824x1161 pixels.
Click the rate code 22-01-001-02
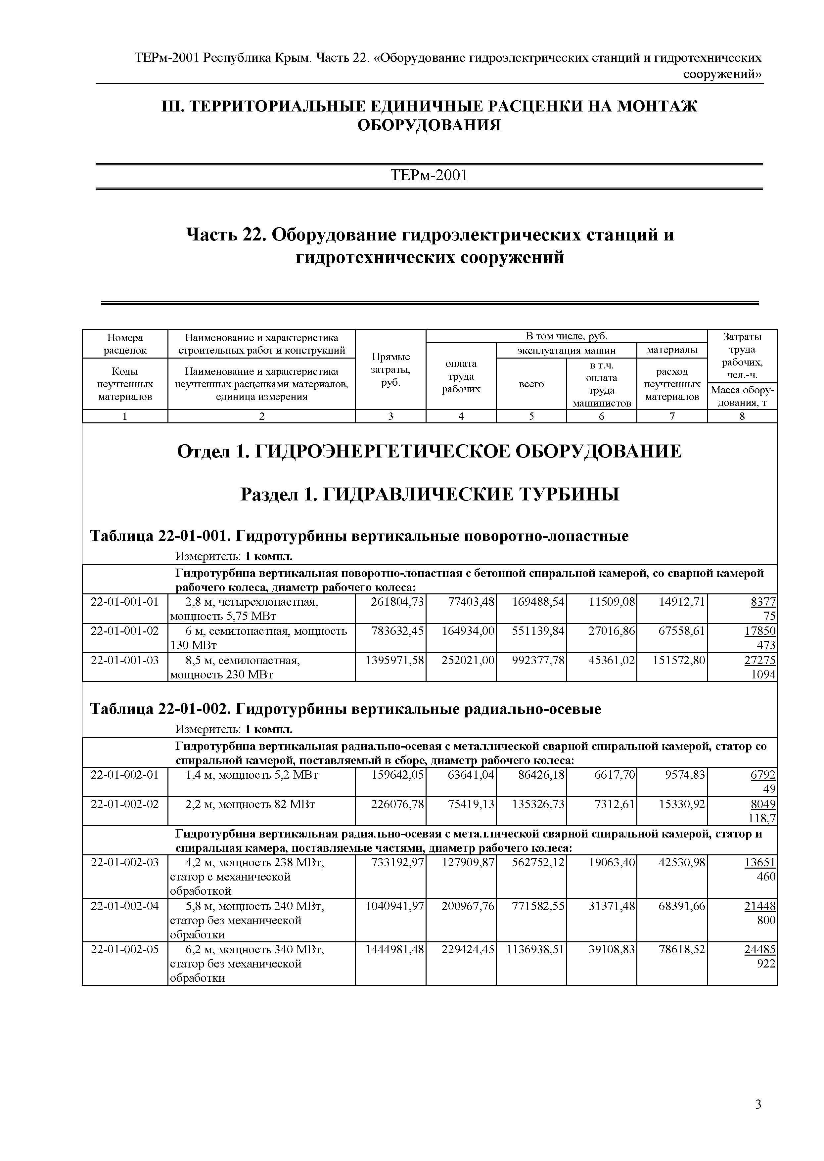pyautogui.click(x=124, y=631)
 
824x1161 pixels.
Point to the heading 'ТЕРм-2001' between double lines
pyautogui.click(x=429, y=176)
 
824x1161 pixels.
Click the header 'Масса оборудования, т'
pyautogui.click(x=742, y=397)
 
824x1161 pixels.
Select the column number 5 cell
pyautogui.click(x=531, y=416)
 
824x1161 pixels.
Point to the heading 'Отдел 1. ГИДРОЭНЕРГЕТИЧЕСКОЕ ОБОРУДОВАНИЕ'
pyautogui.click(x=429, y=451)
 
